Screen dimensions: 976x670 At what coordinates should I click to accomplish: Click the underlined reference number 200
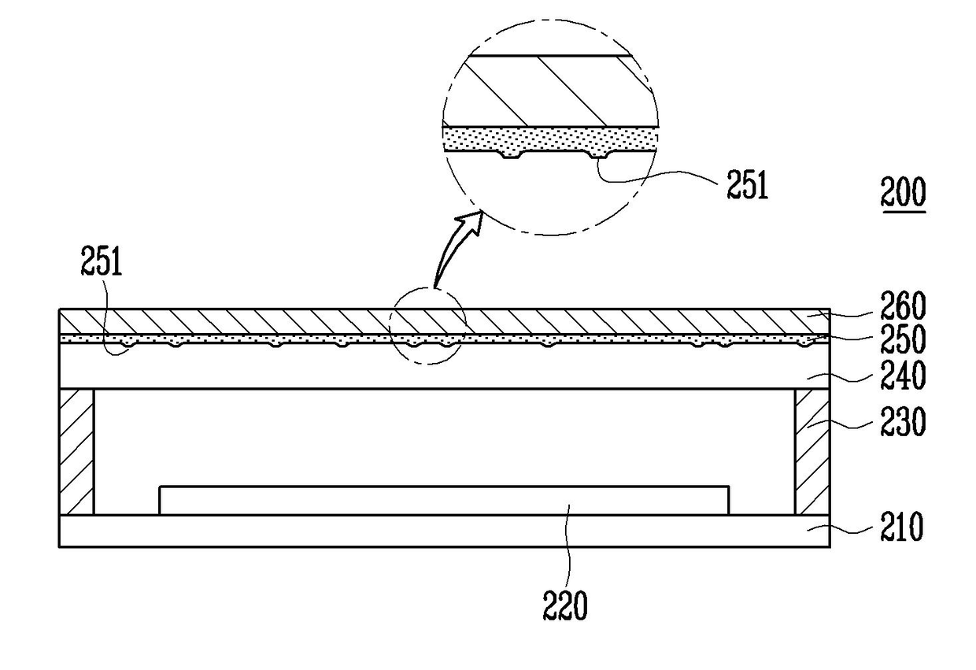click(903, 194)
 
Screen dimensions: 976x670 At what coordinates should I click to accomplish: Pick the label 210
click(900, 527)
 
